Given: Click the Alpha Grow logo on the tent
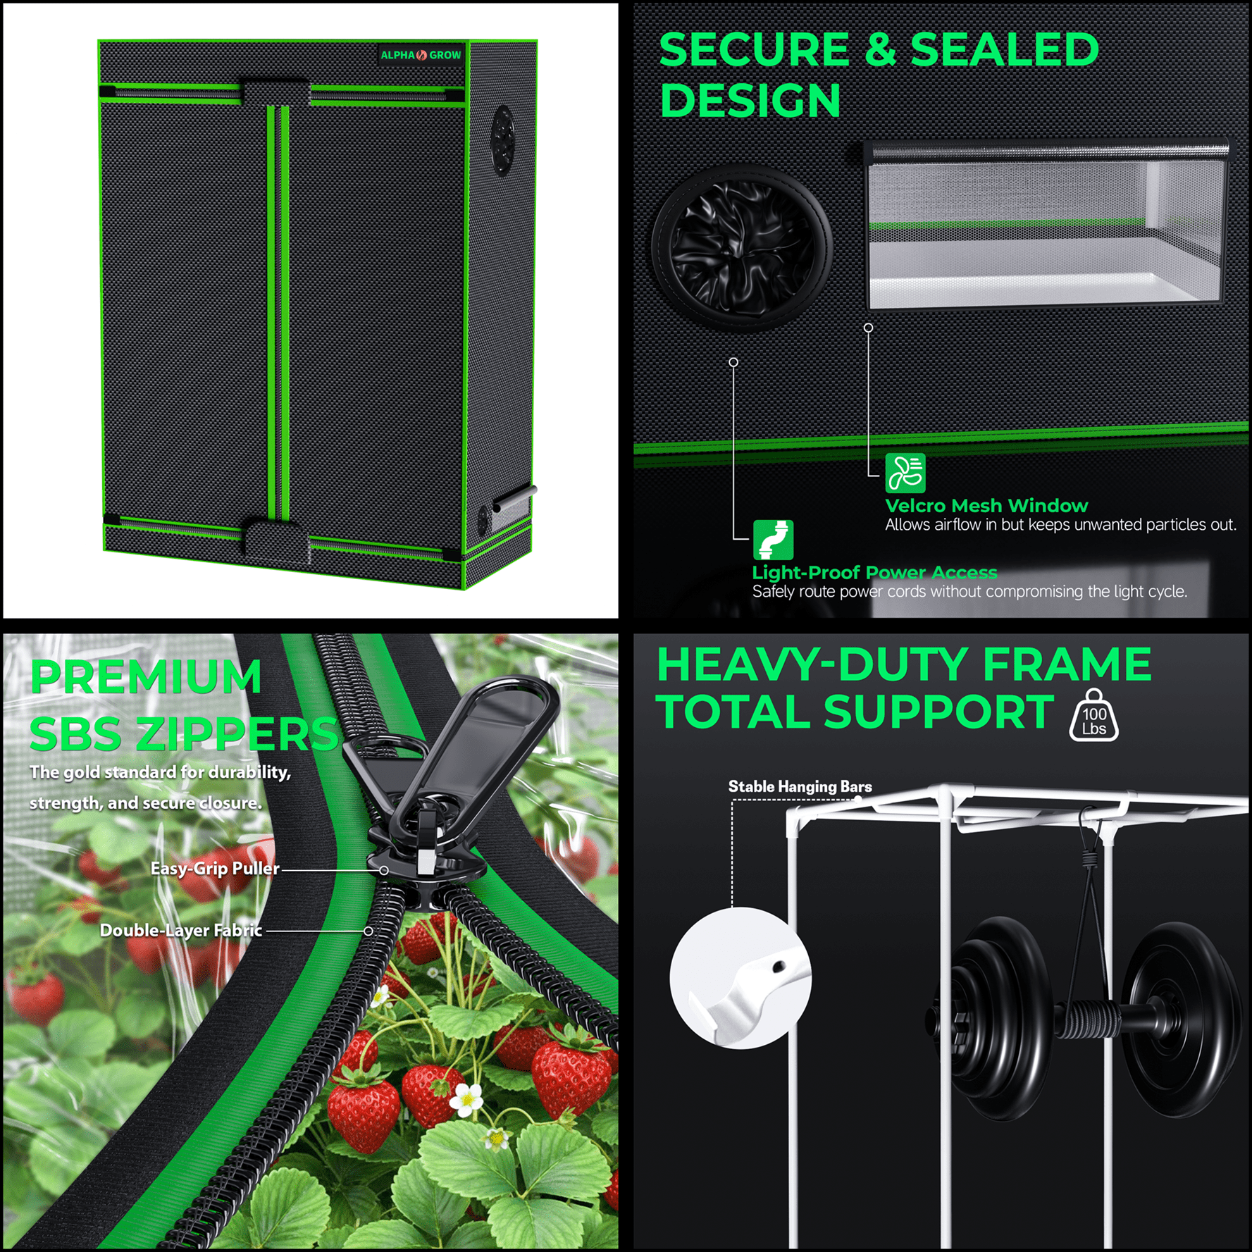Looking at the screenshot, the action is (421, 55).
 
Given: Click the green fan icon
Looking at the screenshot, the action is (905, 473).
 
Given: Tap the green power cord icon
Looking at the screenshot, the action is (773, 540).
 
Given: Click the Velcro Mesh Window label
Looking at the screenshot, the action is (986, 506).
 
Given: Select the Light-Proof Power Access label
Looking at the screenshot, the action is (875, 572).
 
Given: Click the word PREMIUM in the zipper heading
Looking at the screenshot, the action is (146, 677).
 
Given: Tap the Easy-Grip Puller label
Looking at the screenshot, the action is (215, 869).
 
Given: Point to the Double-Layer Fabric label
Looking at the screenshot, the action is (181, 931).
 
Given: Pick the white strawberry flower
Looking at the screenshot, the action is (466, 1098).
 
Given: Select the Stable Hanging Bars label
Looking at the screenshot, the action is (800, 786).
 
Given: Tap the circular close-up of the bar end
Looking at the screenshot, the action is (740, 978).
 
